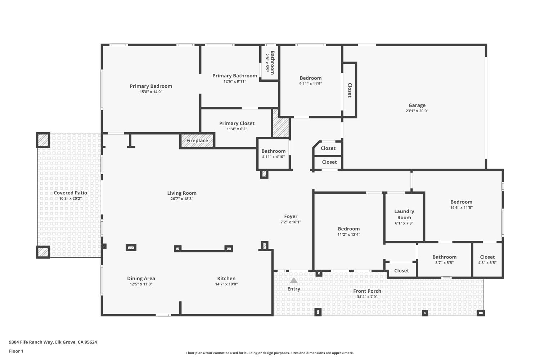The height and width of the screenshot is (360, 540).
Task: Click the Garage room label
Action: tap(417, 105)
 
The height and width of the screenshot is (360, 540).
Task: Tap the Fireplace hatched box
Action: tap(197, 140)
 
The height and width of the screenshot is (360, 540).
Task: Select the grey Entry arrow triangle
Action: tap(294, 280)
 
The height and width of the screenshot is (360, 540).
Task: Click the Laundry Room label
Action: tap(404, 214)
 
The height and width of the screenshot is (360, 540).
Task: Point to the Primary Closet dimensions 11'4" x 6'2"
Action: tap(237, 129)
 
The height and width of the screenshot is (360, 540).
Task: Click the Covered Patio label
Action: tap(71, 193)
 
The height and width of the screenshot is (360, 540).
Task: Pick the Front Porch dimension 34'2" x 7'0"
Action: tap(367, 297)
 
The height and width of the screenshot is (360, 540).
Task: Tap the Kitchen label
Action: tap(226, 278)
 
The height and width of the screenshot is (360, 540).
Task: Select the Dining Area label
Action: tap(141, 278)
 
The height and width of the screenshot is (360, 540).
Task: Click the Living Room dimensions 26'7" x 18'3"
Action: tap(182, 199)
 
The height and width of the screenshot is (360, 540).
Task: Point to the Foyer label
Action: tap(291, 216)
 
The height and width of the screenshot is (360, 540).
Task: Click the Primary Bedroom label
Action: tap(151, 86)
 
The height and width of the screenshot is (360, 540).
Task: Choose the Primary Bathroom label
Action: tap(235, 76)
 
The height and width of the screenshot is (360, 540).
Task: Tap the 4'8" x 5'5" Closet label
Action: tap(487, 257)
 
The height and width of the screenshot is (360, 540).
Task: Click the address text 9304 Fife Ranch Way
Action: tap(53, 342)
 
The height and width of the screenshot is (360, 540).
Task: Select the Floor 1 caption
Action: tap(16, 351)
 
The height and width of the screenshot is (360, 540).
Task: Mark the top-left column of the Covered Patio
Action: tap(43, 140)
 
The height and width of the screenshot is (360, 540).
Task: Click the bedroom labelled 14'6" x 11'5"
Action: tap(461, 202)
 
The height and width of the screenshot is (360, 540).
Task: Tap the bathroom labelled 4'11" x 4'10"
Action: tap(273, 151)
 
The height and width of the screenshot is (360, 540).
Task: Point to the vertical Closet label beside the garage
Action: tap(349, 90)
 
